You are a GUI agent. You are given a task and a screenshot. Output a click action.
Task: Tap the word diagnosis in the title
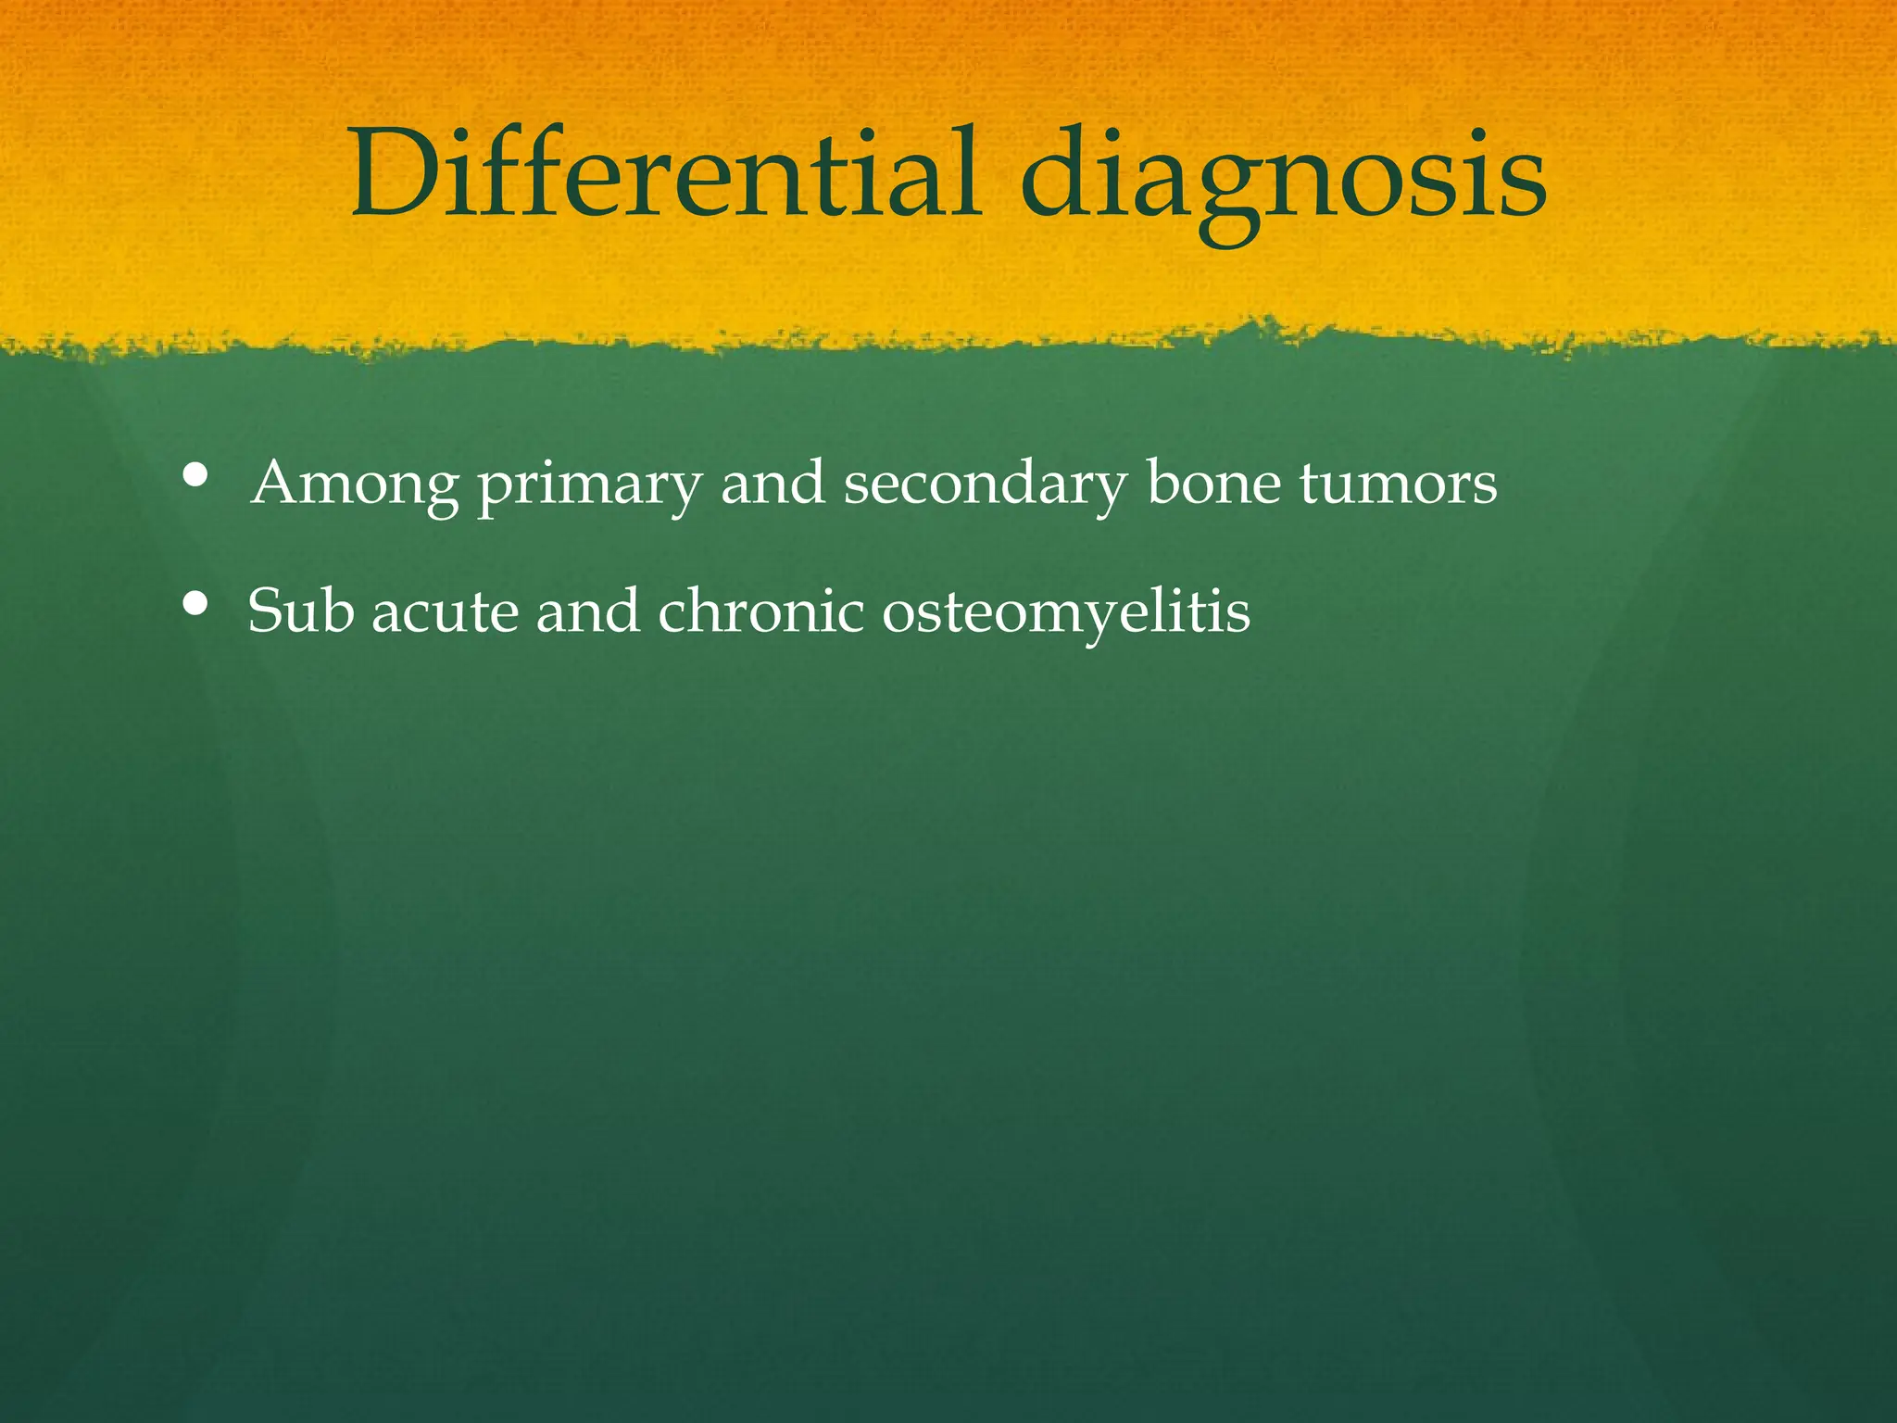[x=1283, y=176]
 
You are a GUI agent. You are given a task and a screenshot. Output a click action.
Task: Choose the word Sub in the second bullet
[x=300, y=611]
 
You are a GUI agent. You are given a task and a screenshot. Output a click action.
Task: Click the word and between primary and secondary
[x=773, y=484]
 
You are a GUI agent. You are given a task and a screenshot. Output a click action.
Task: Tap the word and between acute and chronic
[x=587, y=611]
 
